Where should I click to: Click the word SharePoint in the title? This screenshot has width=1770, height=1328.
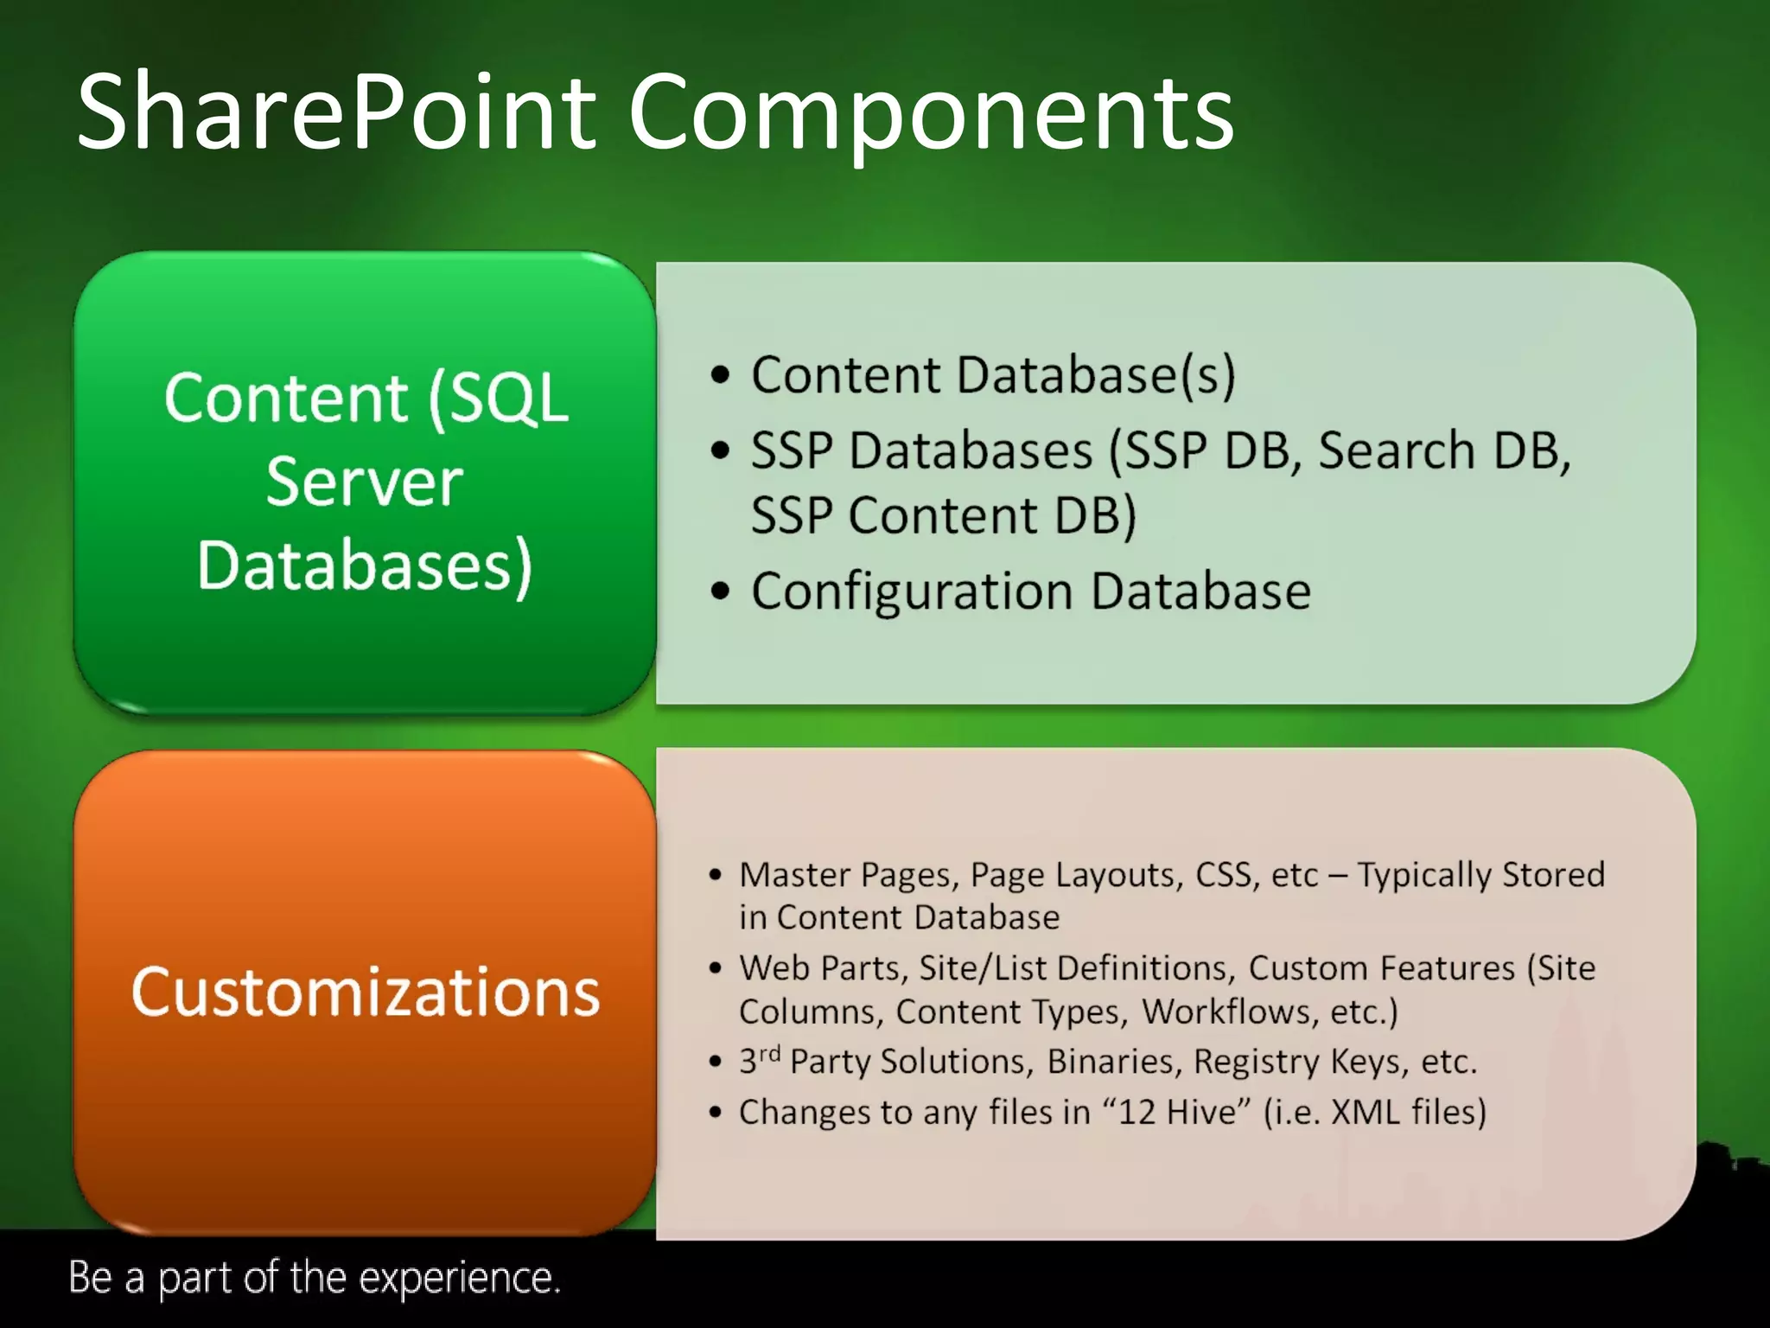pyautogui.click(x=337, y=112)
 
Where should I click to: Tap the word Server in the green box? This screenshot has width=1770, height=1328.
pyautogui.click(x=364, y=482)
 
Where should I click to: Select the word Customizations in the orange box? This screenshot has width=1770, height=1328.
pyautogui.click(x=366, y=992)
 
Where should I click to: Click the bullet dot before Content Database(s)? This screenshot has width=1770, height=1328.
pyautogui.click(x=720, y=376)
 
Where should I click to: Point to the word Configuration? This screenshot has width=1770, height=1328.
pyautogui.click(x=913, y=592)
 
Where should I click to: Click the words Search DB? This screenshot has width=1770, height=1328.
pyautogui.click(x=1443, y=450)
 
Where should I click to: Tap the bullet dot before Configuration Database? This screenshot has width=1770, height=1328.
pyautogui.click(x=720, y=592)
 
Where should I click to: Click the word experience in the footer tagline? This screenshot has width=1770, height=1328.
pyautogui.click(x=459, y=1279)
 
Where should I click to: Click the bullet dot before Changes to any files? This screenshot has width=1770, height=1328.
pyautogui.click(x=715, y=1113)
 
